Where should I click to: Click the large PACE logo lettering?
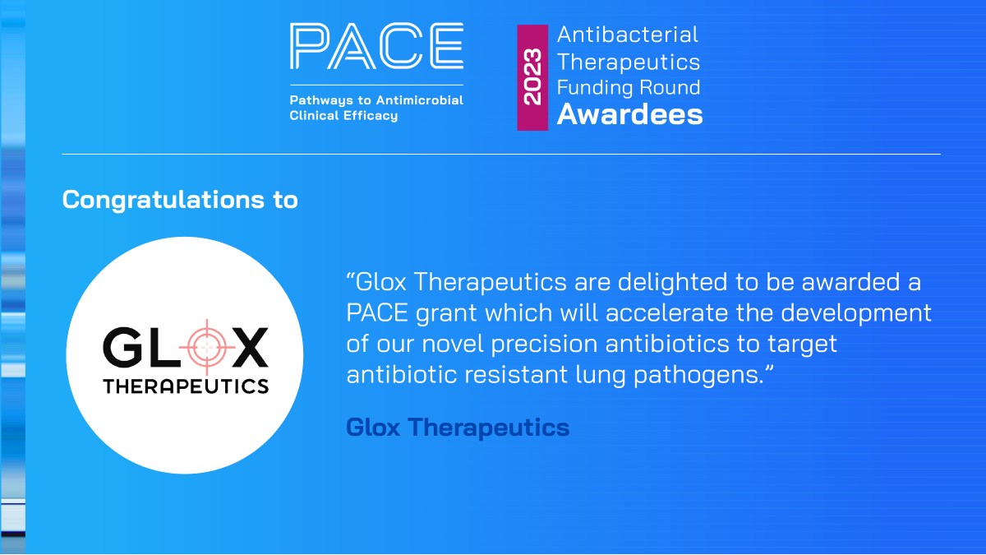(x=376, y=46)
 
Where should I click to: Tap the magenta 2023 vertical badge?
(x=532, y=77)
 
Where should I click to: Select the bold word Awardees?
(x=630, y=114)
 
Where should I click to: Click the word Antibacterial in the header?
(x=628, y=35)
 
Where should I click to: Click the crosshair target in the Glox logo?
(x=205, y=347)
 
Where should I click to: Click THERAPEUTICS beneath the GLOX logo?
(x=186, y=386)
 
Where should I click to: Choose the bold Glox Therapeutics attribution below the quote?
(x=458, y=428)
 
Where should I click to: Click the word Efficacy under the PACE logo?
(x=369, y=116)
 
